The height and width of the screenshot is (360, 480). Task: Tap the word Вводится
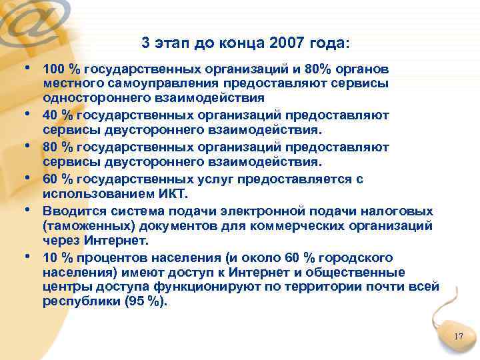pyautogui.click(x=70, y=211)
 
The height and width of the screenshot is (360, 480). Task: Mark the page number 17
pyautogui.click(x=457, y=337)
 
